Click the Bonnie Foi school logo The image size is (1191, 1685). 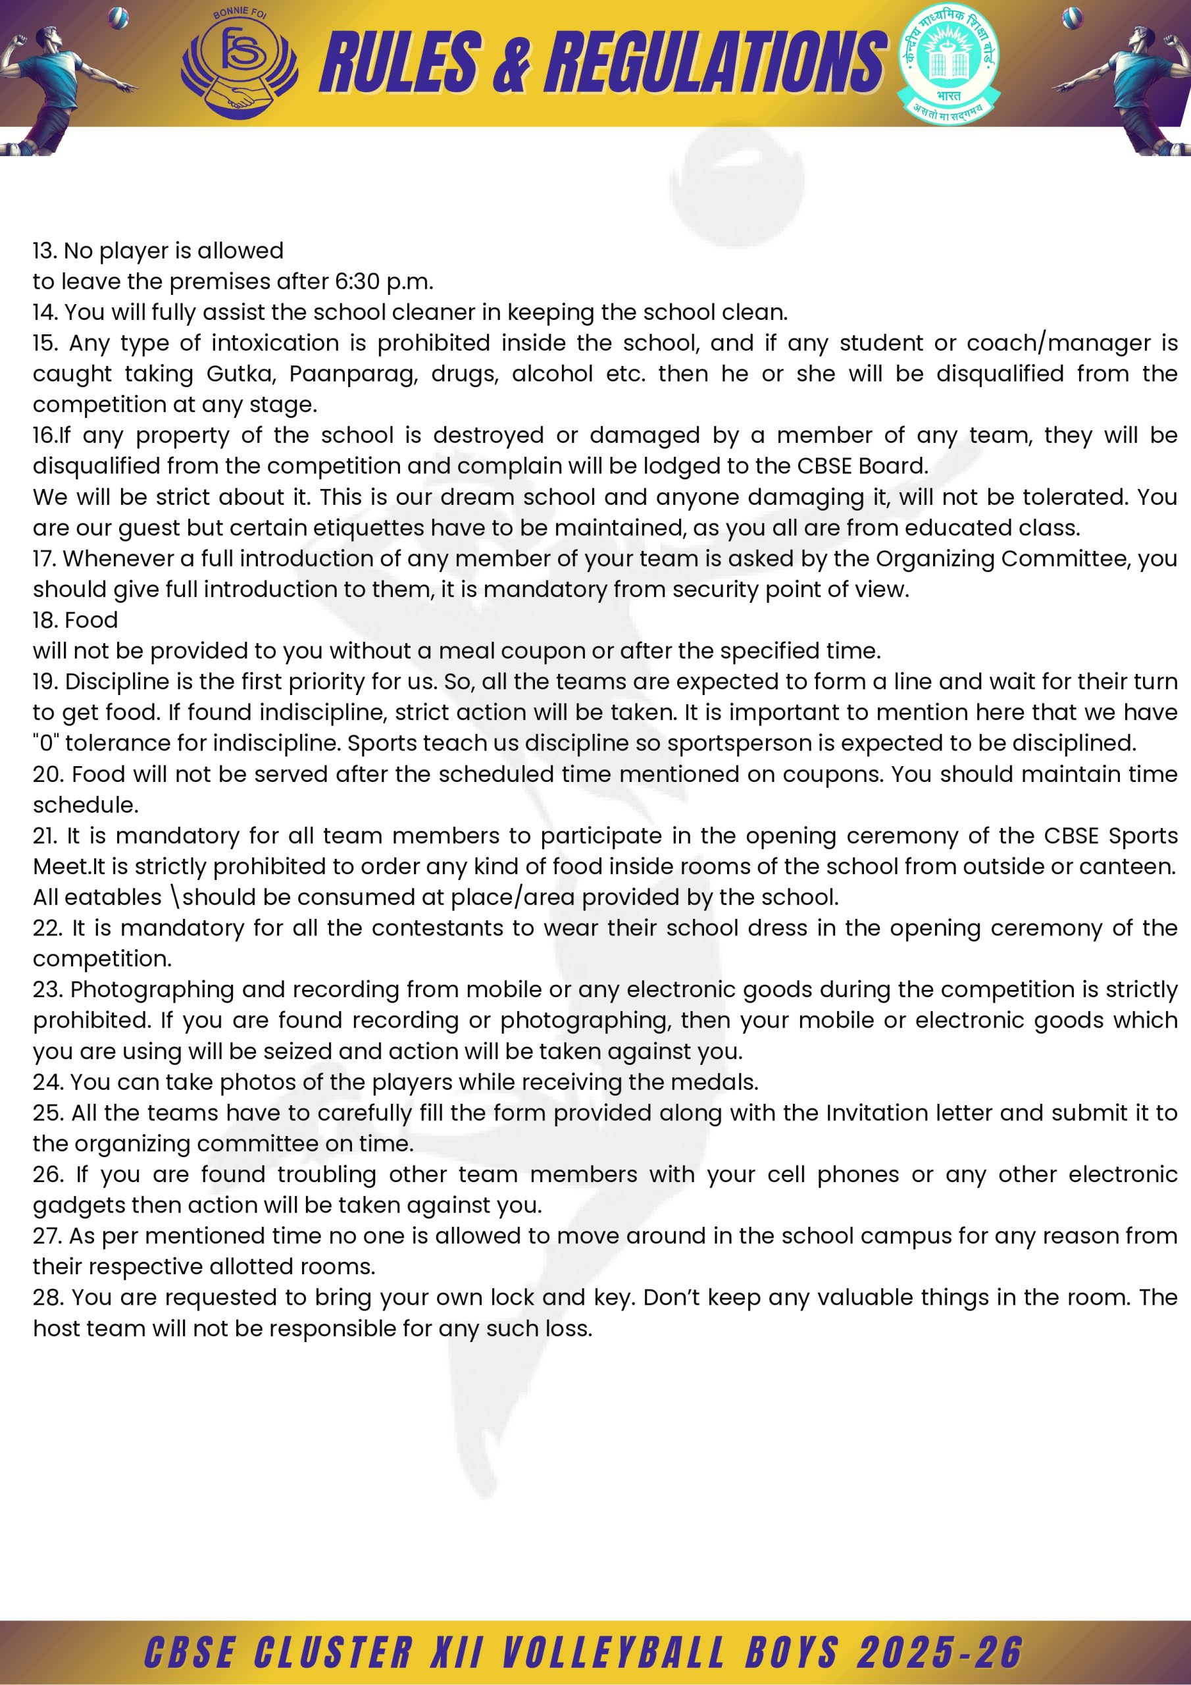pos(240,65)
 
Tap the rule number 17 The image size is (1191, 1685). pos(44,559)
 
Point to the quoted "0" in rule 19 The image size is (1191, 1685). pos(46,742)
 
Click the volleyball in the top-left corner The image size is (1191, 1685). pos(117,16)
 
